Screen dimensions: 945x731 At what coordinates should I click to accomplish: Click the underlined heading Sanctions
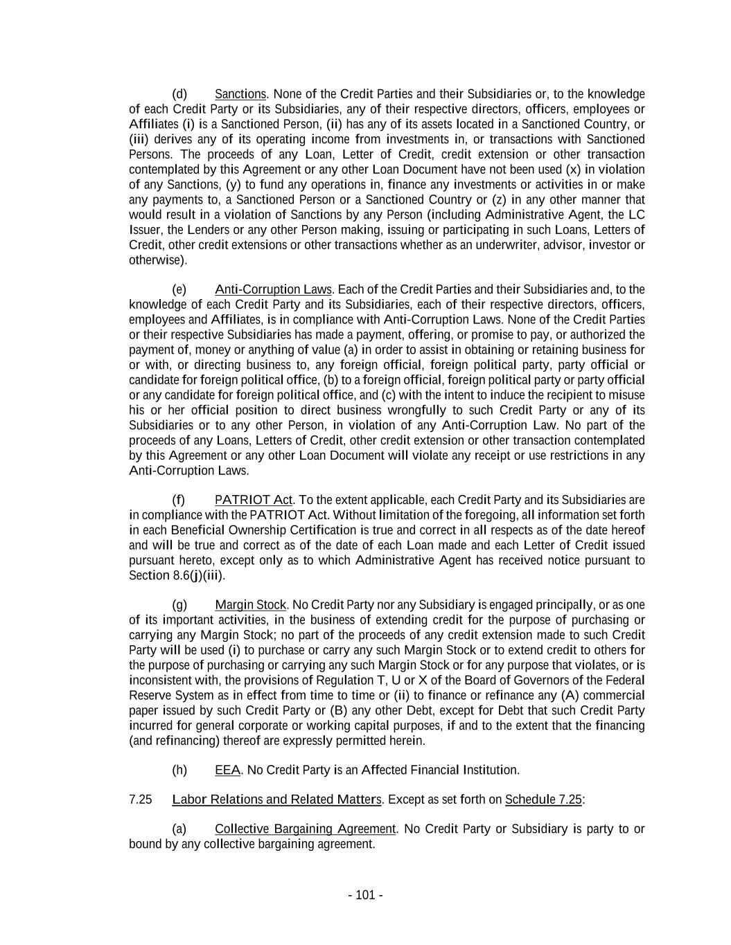(240, 94)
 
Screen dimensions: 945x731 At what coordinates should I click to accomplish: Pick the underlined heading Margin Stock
(250, 605)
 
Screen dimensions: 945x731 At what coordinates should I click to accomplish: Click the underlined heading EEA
(227, 770)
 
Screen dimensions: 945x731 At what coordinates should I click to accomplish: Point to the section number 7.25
(140, 800)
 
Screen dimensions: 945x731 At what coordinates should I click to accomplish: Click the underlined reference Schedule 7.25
(543, 800)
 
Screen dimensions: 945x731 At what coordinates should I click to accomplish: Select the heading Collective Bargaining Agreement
(305, 829)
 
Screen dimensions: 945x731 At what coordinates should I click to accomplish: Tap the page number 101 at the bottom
(365, 895)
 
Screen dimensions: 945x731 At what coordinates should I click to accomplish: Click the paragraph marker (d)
(179, 94)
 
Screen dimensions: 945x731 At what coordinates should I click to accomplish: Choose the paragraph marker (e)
(179, 289)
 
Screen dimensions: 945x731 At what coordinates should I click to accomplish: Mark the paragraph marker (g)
(179, 605)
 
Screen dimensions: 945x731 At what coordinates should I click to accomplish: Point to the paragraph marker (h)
(179, 770)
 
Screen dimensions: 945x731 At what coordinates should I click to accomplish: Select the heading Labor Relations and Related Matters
(276, 800)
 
